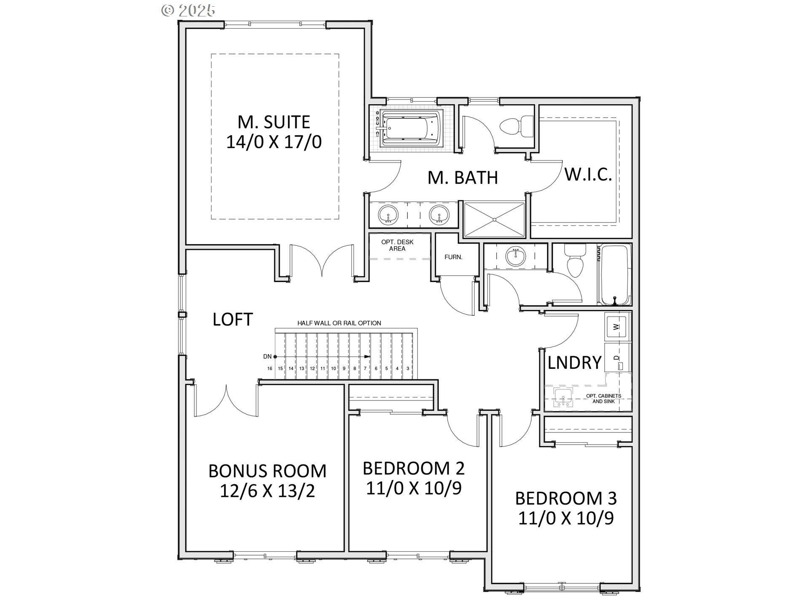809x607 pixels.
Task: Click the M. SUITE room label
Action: (x=274, y=122)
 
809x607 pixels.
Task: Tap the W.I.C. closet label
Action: (x=588, y=174)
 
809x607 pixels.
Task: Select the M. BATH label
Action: (x=463, y=177)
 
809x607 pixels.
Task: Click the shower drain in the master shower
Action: (x=494, y=220)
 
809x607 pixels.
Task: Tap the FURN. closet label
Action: (x=453, y=257)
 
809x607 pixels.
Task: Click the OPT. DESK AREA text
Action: (x=397, y=245)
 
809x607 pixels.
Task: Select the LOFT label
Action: (x=233, y=320)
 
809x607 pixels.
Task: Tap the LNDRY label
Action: (x=574, y=363)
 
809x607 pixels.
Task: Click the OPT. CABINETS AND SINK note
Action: (x=603, y=399)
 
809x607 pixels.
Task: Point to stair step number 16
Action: (x=270, y=368)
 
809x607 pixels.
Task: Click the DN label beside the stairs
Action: (x=267, y=357)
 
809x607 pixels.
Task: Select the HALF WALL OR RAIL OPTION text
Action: (x=339, y=323)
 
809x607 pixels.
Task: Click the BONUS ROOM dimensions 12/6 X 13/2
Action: (x=268, y=491)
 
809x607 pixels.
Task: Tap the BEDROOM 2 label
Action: (x=413, y=468)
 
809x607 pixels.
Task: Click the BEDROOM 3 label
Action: (x=566, y=499)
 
